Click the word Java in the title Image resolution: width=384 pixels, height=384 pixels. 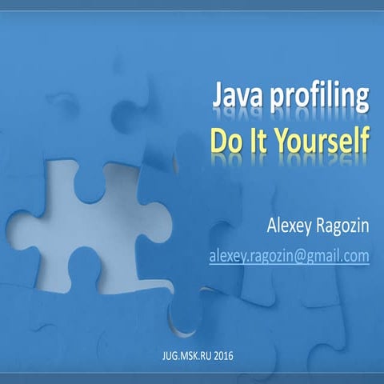pos(235,97)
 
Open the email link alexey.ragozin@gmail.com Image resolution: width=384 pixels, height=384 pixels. pos(289,255)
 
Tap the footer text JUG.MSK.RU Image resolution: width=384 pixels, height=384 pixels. pos(181,353)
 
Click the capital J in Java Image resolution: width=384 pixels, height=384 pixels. pos(218,96)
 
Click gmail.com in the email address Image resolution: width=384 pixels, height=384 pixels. pos(335,256)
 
